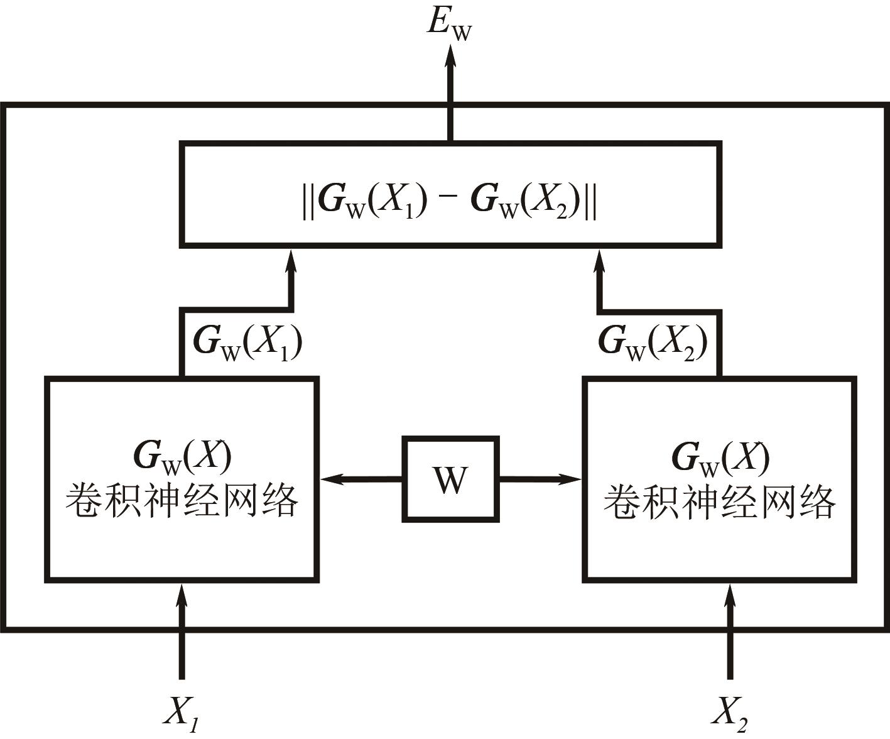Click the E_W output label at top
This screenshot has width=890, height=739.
[x=448, y=25]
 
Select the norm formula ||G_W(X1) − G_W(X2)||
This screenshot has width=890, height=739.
[x=450, y=201]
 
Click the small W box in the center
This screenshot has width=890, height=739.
[x=450, y=479]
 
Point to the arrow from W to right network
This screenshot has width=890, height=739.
[x=540, y=479]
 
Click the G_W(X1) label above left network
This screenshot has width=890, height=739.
[x=248, y=342]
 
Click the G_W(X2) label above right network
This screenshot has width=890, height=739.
[x=653, y=342]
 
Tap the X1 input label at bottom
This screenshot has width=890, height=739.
[x=182, y=714]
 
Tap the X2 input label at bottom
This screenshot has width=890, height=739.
[x=729, y=714]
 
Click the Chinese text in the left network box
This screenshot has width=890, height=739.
[x=182, y=501]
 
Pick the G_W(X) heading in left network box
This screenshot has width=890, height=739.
[x=182, y=457]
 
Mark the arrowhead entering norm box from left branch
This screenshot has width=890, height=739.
[x=291, y=261]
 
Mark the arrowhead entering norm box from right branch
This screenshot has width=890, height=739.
[x=600, y=261]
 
